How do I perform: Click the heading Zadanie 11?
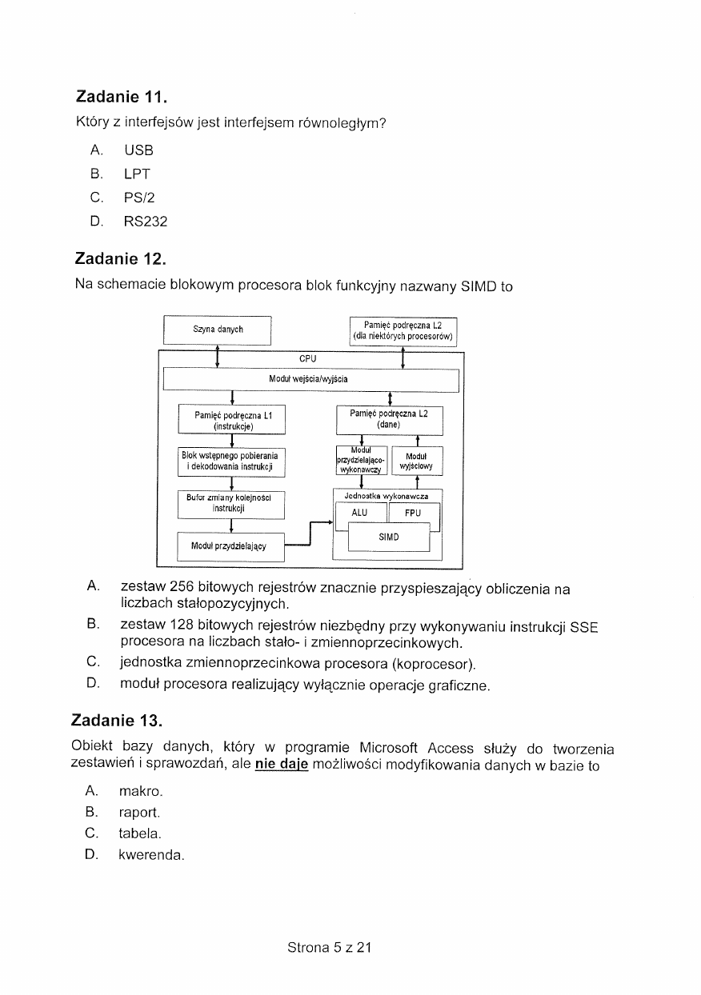tap(121, 98)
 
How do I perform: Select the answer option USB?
tap(138, 150)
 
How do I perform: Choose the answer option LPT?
tap(137, 174)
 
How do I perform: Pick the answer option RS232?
tap(145, 222)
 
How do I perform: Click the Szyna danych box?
tap(218, 330)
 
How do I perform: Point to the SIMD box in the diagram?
tap(389, 537)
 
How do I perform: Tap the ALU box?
tap(359, 513)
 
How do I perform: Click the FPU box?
tap(413, 513)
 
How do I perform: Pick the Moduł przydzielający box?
tap(231, 546)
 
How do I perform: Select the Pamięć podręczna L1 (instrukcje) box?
tap(232, 421)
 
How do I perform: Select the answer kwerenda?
tap(150, 855)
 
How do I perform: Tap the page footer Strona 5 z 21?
tap(330, 947)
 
